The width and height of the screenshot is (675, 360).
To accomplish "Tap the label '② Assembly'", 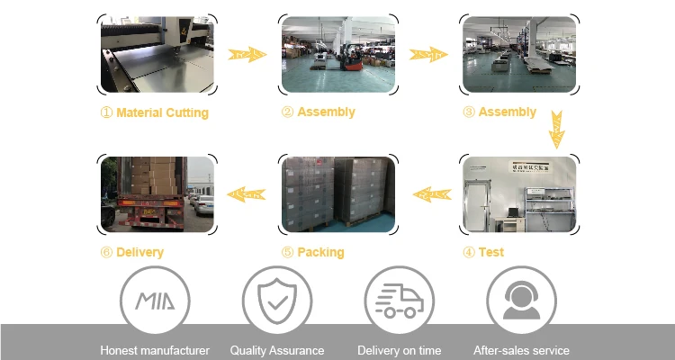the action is pos(319,112).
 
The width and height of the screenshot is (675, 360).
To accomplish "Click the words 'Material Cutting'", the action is pos(162,113).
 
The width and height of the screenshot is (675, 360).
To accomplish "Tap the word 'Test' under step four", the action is pos(490,253).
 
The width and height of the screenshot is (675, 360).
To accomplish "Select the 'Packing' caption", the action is pos(320,253).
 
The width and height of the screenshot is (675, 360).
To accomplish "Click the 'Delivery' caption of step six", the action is pos(139,253).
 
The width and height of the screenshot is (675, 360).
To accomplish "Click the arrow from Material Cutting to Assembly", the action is pos(247,55).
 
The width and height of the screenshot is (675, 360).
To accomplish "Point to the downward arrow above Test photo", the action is pos(557,129).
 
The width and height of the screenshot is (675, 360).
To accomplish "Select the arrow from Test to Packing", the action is pos(430,193).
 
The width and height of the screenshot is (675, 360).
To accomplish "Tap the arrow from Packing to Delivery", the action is pos(247,193).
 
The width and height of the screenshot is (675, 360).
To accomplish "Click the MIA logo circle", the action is pos(155,301).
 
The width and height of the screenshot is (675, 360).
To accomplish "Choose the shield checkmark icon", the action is pos(277,301).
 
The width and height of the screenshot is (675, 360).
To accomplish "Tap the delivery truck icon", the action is pos(399,301).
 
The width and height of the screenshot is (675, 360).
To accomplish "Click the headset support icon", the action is pos(521,301).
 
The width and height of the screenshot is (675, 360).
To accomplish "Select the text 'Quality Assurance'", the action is pos(277,350).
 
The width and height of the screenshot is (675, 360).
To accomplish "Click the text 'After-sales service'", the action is pos(521,350).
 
